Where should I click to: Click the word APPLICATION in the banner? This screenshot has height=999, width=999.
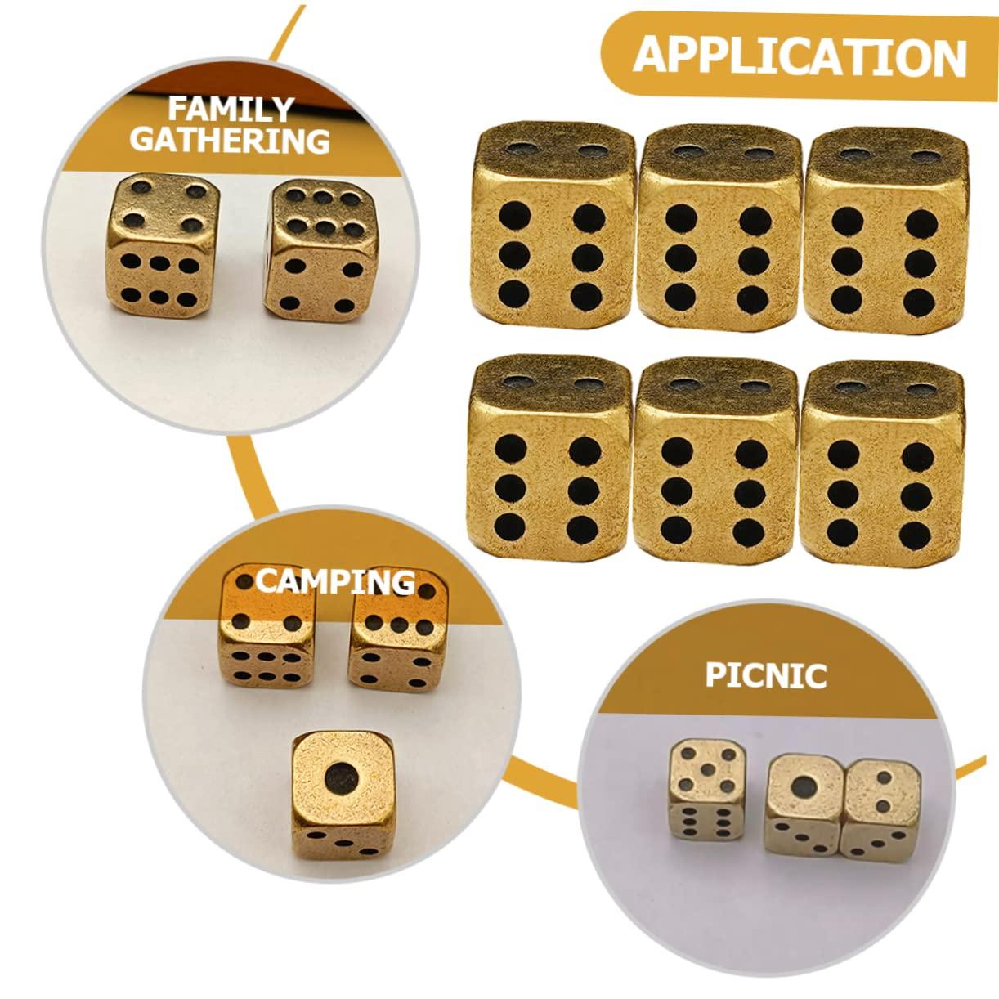click(800, 56)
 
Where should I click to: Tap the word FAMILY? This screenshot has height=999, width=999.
click(231, 110)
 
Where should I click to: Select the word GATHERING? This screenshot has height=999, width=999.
click(231, 140)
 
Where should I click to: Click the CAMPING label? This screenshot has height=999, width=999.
click(335, 582)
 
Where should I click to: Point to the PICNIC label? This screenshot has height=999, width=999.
click(766, 675)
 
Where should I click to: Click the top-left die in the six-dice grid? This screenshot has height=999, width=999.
click(553, 224)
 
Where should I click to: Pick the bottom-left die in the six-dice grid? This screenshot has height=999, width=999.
click(550, 457)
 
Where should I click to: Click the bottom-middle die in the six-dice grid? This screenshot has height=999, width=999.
click(715, 459)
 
